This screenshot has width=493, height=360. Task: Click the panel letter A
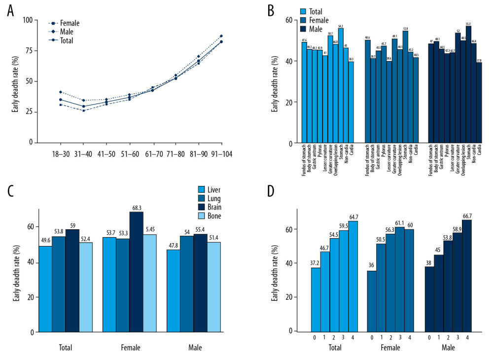(11, 11)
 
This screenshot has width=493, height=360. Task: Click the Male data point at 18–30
(60, 92)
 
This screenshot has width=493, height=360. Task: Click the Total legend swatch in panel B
(304, 10)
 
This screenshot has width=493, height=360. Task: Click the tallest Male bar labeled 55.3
(468, 84)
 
